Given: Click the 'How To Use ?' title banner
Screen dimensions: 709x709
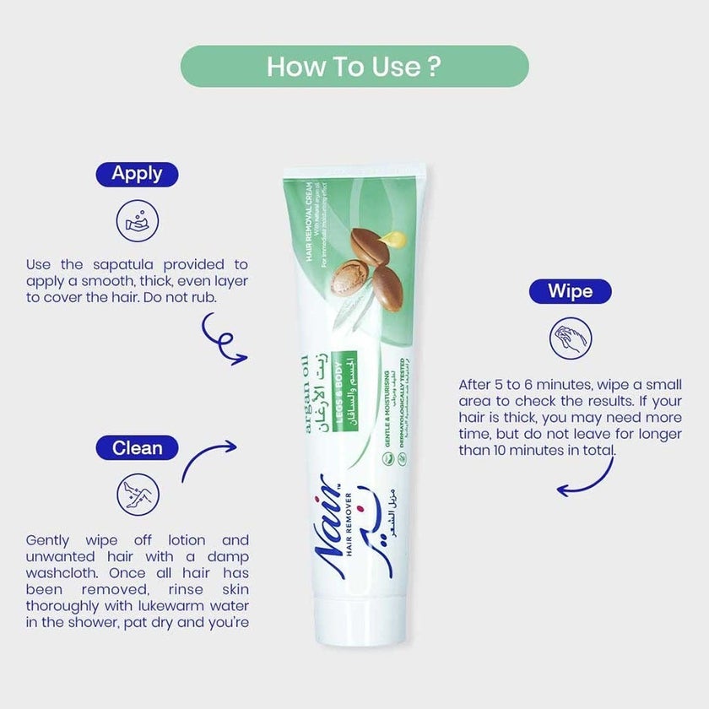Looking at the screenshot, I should [354, 67].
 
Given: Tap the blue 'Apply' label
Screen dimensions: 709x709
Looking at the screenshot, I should [137, 174].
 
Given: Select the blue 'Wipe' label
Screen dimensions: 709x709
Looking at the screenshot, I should [570, 292].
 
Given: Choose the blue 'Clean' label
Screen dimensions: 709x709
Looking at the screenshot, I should [137, 447].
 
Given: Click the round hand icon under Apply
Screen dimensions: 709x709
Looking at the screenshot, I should [137, 220].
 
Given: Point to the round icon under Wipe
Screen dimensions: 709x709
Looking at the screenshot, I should [571, 339].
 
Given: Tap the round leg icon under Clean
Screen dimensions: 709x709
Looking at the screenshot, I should [137, 494].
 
